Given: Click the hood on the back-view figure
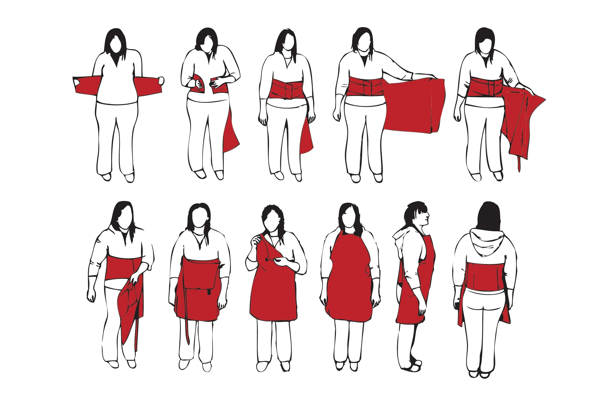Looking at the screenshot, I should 486,242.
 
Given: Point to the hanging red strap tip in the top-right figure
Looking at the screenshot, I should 519,165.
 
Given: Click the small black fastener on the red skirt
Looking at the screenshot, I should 209,292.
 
